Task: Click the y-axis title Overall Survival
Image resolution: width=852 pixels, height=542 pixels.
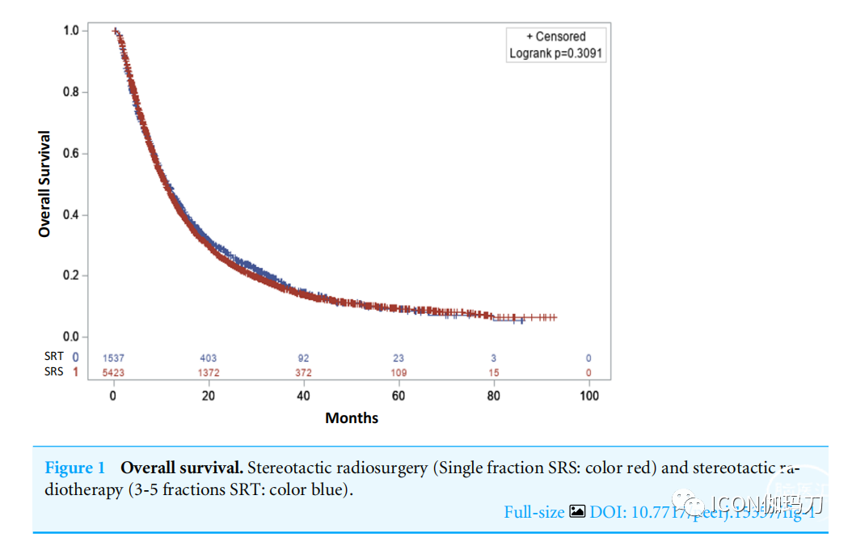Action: point(44,184)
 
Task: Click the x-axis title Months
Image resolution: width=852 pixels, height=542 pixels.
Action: point(352,418)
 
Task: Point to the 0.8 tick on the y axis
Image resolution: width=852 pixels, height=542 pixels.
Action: point(71,92)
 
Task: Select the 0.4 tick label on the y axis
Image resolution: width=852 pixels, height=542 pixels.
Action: point(71,215)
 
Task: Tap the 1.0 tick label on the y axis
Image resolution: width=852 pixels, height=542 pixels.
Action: point(71,31)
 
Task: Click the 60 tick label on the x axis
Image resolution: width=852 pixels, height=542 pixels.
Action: point(399,396)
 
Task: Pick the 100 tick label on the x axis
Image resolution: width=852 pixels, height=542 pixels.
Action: point(588,396)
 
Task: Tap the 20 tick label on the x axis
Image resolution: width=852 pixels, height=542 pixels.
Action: point(208,396)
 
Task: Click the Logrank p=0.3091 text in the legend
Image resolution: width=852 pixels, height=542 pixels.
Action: point(556,53)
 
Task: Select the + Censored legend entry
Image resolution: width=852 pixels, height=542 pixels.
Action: point(556,36)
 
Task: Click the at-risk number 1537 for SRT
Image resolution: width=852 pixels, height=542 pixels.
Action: point(113,358)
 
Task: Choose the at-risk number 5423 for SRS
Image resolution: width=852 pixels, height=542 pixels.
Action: point(113,373)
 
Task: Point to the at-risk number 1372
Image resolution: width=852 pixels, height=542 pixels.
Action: point(208,373)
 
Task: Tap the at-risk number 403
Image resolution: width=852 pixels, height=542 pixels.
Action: point(208,358)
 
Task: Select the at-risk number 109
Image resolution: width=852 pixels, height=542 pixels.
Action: point(399,373)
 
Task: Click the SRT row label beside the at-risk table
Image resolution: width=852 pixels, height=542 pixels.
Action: point(54,357)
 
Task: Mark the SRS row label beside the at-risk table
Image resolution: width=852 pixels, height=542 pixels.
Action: point(54,372)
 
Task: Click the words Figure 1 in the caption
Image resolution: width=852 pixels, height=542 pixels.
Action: point(75,468)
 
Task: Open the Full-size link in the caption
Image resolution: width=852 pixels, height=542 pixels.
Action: point(534,512)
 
